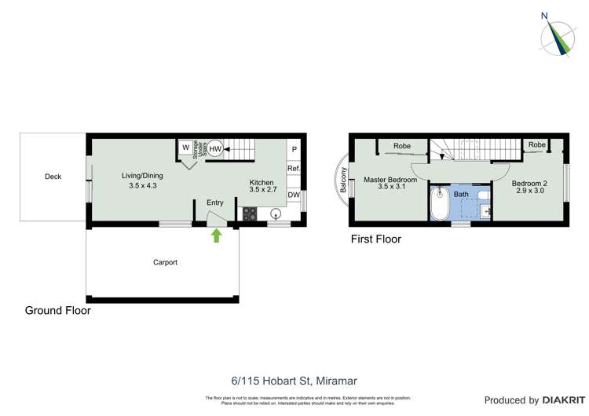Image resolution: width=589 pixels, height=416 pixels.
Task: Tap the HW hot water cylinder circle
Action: point(215,149)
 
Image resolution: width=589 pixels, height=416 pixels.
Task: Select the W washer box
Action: point(185,148)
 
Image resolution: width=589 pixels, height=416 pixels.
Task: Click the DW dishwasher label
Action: point(294,195)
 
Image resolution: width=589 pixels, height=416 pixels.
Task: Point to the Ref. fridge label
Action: point(294,169)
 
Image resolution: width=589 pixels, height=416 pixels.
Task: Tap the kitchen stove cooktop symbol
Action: point(251,213)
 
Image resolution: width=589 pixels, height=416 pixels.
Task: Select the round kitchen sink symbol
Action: point(276,213)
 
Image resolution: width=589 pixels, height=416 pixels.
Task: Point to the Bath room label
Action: point(460,193)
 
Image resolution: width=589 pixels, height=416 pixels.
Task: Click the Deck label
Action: point(53,177)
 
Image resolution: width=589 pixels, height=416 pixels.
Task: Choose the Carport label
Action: point(165,263)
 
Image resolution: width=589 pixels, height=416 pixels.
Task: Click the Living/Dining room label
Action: point(142,181)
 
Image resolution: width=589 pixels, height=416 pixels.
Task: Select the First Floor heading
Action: point(375,239)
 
